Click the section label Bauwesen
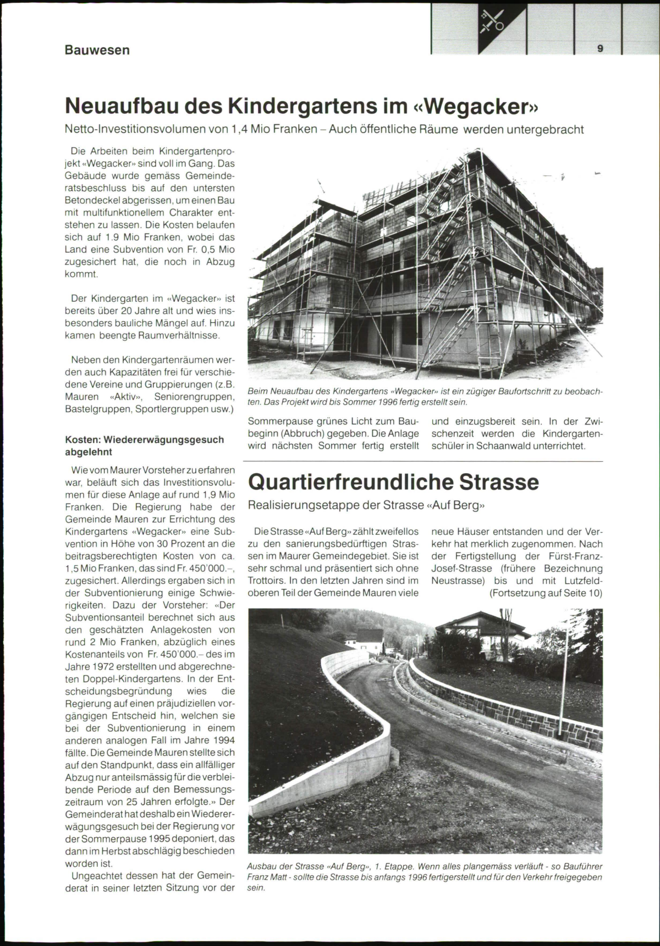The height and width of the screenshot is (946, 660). (x=97, y=50)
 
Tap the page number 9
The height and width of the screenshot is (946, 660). (x=600, y=48)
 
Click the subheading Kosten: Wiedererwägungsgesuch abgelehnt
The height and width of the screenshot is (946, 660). (x=144, y=446)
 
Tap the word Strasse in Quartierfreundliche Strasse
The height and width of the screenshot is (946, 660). (x=499, y=482)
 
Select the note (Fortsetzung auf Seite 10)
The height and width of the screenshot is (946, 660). (x=545, y=593)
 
